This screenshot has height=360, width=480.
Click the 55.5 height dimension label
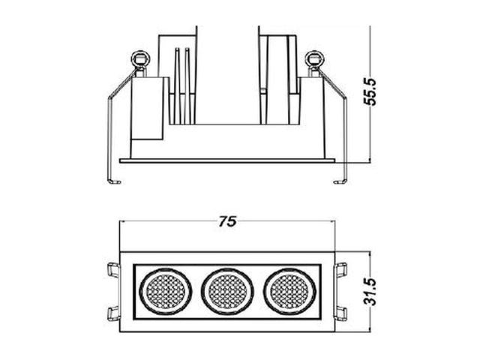(x=370, y=91)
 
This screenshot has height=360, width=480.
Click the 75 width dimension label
(x=227, y=221)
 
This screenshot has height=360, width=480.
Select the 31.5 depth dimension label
(x=370, y=292)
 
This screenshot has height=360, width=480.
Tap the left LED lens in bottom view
(x=166, y=291)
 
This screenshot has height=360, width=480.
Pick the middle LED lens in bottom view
(x=227, y=291)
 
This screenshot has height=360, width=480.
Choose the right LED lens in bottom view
(x=289, y=291)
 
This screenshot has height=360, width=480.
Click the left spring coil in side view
(x=140, y=58)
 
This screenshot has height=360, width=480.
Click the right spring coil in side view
(x=315, y=58)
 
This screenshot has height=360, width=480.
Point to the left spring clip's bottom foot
(x=114, y=181)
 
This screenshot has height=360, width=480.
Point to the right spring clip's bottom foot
(x=340, y=181)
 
